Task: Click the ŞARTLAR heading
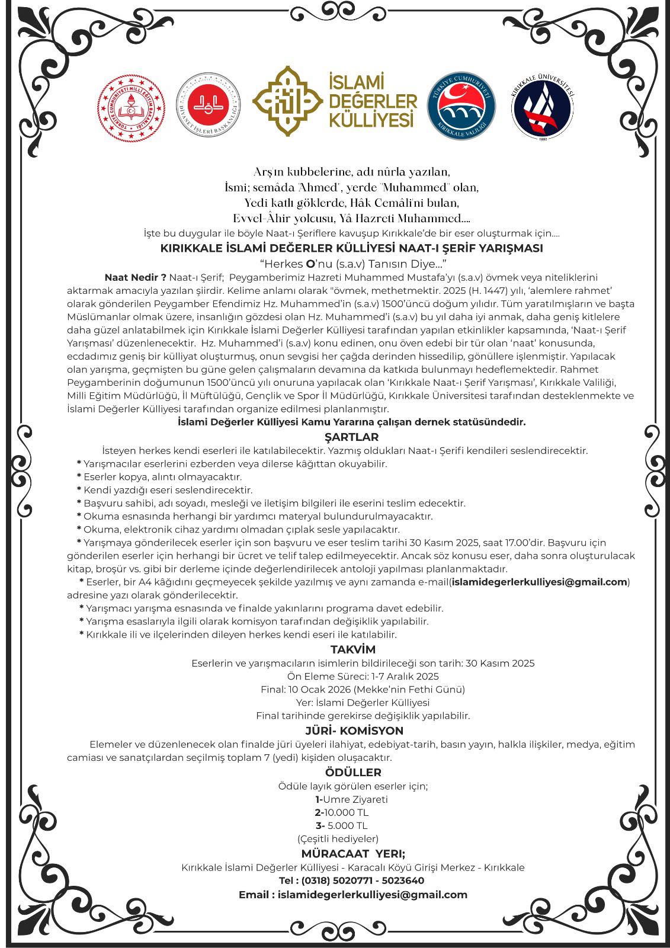(351, 437)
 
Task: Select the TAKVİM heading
(352, 649)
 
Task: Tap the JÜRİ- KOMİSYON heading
(354, 731)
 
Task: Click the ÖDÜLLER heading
(353, 772)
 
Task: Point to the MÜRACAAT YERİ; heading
(353, 854)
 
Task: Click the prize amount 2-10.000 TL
(342, 812)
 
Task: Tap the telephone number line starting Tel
(351, 880)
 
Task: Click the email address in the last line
(372, 895)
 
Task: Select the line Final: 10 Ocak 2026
(363, 689)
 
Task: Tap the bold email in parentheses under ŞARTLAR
(539, 582)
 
